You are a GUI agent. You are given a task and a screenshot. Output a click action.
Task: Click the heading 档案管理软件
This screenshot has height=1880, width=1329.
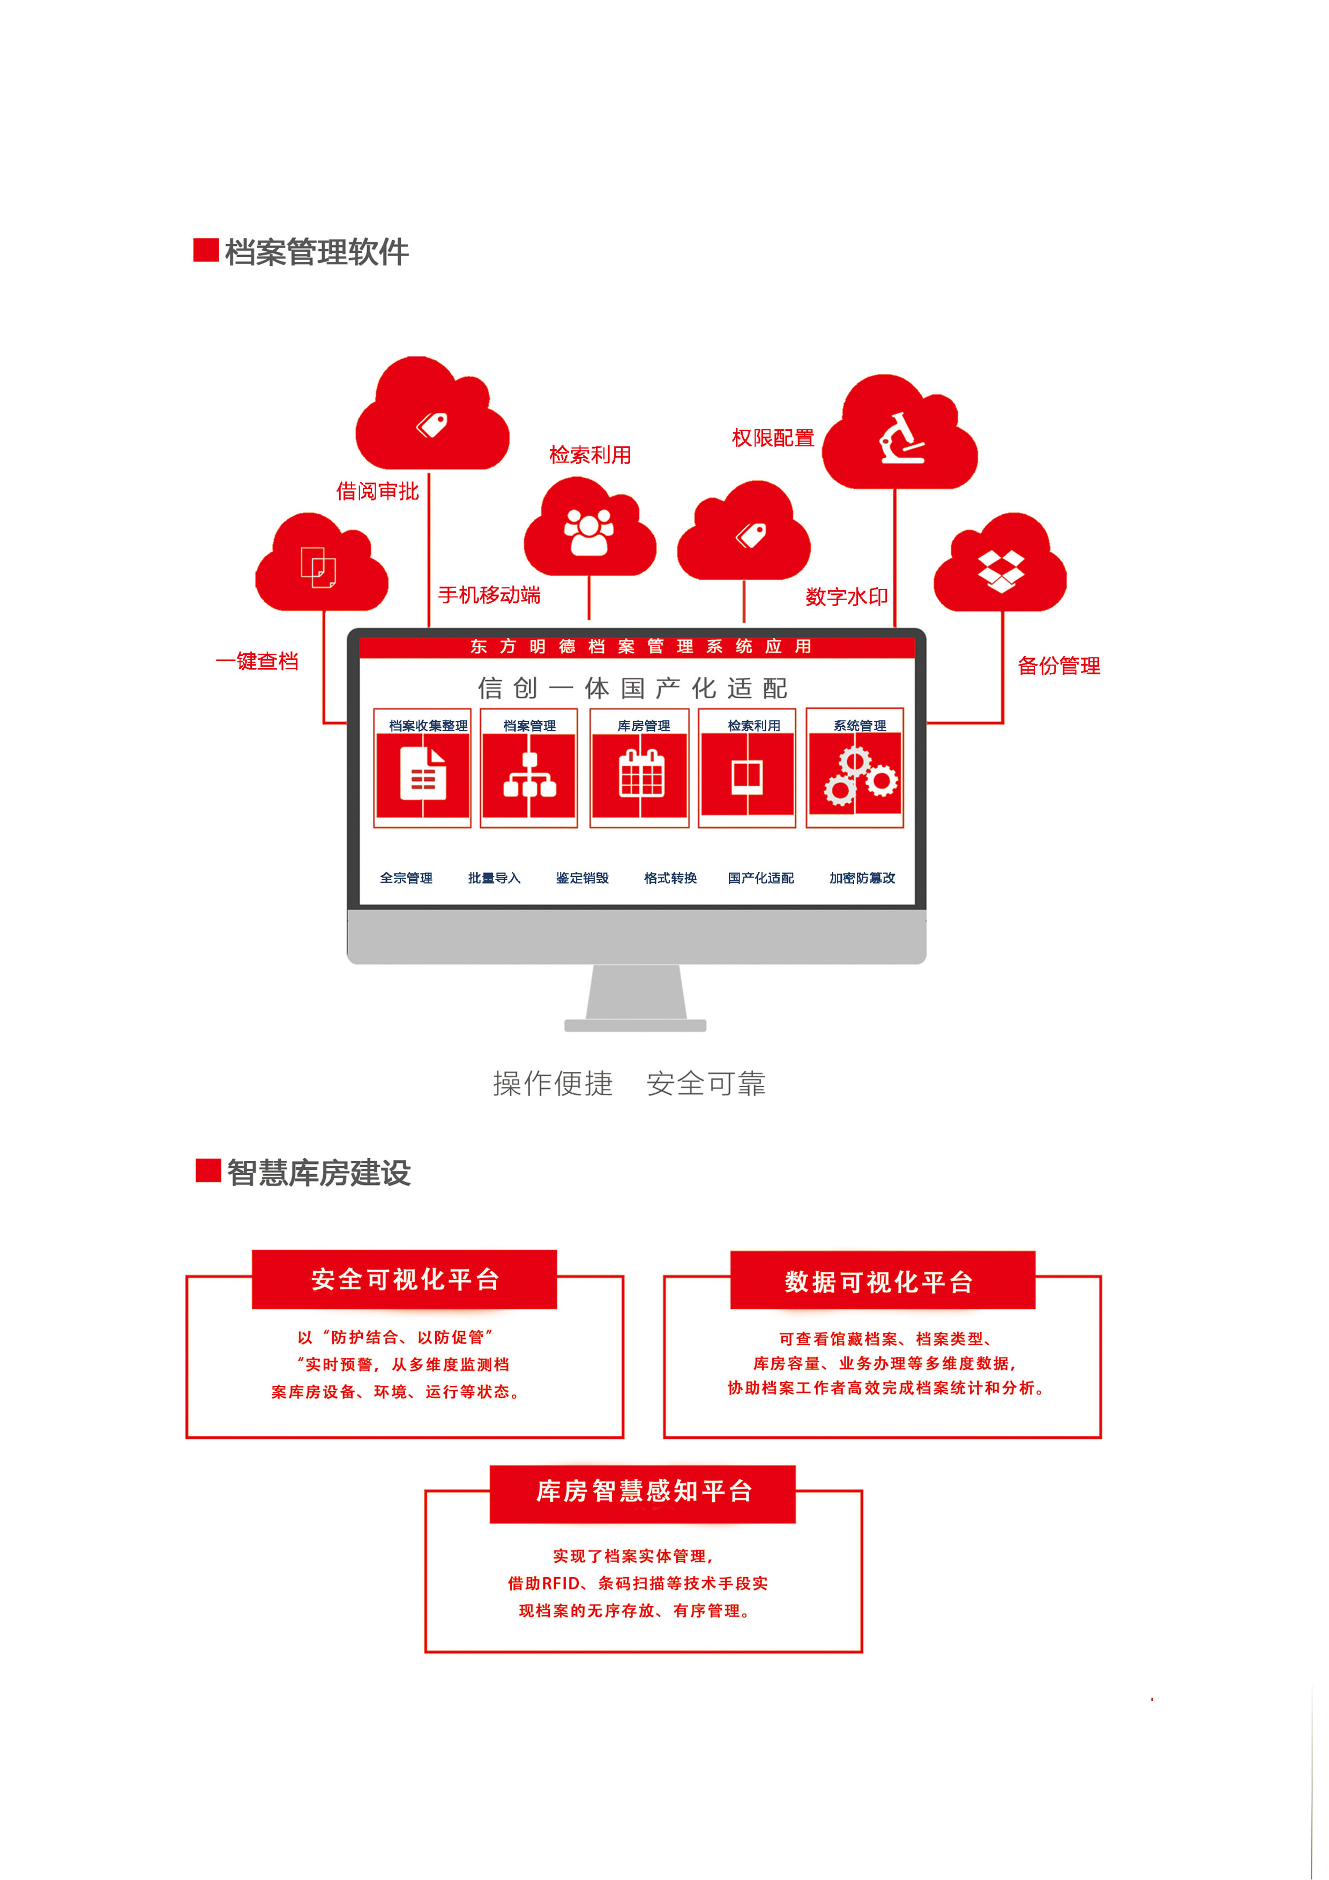click(x=316, y=251)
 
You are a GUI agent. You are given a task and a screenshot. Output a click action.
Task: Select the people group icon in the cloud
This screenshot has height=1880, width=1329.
click(x=589, y=532)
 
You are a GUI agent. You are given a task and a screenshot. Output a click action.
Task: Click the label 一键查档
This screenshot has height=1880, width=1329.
click(x=257, y=661)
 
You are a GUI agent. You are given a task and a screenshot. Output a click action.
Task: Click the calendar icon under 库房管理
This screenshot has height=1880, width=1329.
click(x=641, y=774)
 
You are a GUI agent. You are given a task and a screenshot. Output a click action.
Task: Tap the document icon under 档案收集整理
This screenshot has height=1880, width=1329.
click(x=422, y=774)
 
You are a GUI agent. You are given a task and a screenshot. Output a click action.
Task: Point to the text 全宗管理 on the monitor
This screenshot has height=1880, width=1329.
click(x=406, y=878)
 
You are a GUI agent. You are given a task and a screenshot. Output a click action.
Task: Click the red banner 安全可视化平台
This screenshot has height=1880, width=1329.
click(x=405, y=1279)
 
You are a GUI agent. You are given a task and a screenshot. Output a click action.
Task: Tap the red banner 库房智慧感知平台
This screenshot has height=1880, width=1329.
click(x=643, y=1491)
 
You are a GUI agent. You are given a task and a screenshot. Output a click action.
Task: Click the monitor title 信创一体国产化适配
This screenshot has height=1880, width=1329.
click(x=633, y=688)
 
